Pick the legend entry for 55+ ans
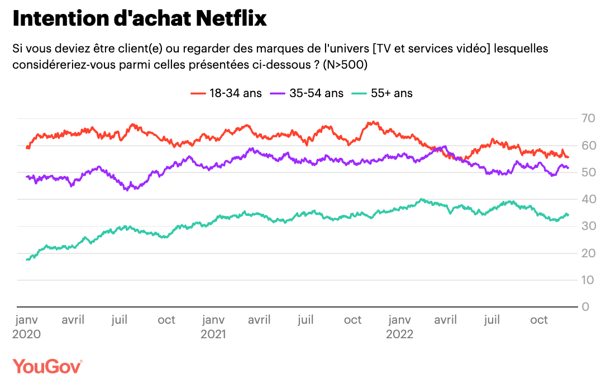click(x=383, y=93)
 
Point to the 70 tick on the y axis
click(x=589, y=118)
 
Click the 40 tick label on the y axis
click(x=589, y=199)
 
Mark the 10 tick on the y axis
click(x=589, y=280)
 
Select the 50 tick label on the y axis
click(x=589, y=172)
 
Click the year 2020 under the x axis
click(x=26, y=334)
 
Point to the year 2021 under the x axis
click(x=213, y=334)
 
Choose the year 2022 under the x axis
click(x=399, y=334)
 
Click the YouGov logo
click(x=47, y=367)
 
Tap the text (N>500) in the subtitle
click(x=345, y=65)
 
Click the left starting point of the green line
click(x=27, y=260)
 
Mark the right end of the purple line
click(x=569, y=167)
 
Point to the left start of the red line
click(x=27, y=147)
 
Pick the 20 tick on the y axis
click(x=589, y=253)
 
